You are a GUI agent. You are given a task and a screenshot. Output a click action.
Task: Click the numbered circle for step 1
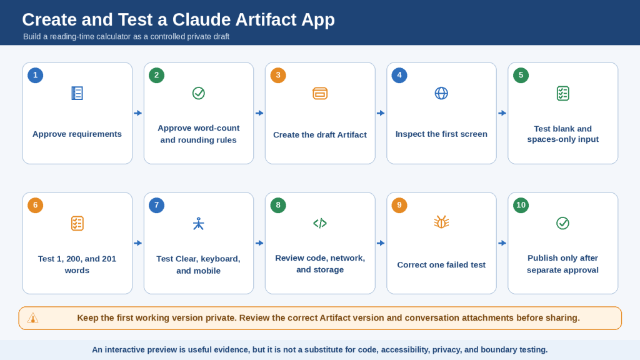(x=36, y=75)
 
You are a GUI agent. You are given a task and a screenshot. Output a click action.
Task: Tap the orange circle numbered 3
(x=278, y=75)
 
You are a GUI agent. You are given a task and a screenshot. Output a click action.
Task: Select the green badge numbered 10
(x=521, y=205)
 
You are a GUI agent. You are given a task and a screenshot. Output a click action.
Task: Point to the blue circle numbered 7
(x=157, y=205)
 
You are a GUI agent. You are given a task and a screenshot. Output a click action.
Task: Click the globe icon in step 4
(x=441, y=94)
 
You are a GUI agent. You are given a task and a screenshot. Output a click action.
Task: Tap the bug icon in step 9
(x=441, y=222)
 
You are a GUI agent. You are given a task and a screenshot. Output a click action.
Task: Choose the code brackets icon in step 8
(x=320, y=223)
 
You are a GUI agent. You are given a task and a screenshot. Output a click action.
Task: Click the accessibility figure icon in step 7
(x=198, y=223)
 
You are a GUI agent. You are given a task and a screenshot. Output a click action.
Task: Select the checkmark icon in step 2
(x=198, y=94)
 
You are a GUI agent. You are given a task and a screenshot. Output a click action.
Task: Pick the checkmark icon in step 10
(x=563, y=223)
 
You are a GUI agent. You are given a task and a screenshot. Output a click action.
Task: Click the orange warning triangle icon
(x=32, y=318)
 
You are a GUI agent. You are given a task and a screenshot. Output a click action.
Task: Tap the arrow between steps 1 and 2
(x=138, y=113)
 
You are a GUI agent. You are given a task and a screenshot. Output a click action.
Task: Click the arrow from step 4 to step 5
(x=502, y=113)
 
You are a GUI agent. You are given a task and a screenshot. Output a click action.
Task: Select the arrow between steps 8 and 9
(x=381, y=243)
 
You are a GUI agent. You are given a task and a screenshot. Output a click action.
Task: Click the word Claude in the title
(x=202, y=19)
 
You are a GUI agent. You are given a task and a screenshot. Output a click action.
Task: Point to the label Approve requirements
(x=77, y=134)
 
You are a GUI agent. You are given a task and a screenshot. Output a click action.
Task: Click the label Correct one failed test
(x=441, y=265)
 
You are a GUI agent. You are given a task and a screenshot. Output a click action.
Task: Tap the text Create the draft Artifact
(x=320, y=135)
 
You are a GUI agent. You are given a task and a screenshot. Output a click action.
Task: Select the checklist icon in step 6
(x=77, y=223)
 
